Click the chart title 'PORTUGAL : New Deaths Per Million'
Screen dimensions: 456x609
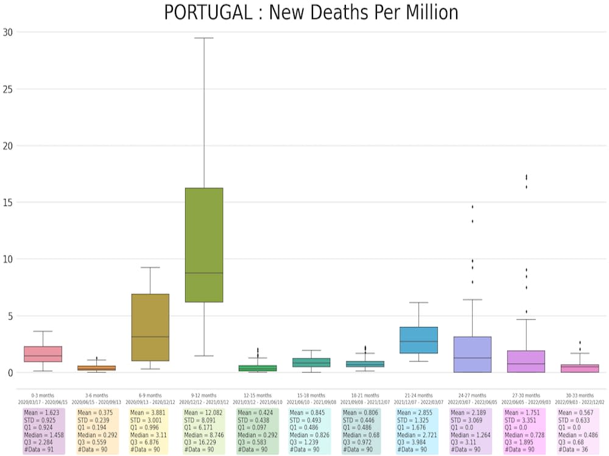[x=311, y=13]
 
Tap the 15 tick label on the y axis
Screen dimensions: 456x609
[x=7, y=202]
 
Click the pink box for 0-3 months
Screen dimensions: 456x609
[x=43, y=354]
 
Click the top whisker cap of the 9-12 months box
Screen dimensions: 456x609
[x=203, y=38]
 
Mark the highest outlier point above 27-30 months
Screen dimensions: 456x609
[x=526, y=176]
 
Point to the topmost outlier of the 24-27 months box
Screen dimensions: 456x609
[x=472, y=207]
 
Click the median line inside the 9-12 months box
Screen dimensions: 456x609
[x=203, y=273]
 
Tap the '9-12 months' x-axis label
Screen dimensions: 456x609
[x=203, y=395]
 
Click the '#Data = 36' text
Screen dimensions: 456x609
[x=574, y=449]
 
